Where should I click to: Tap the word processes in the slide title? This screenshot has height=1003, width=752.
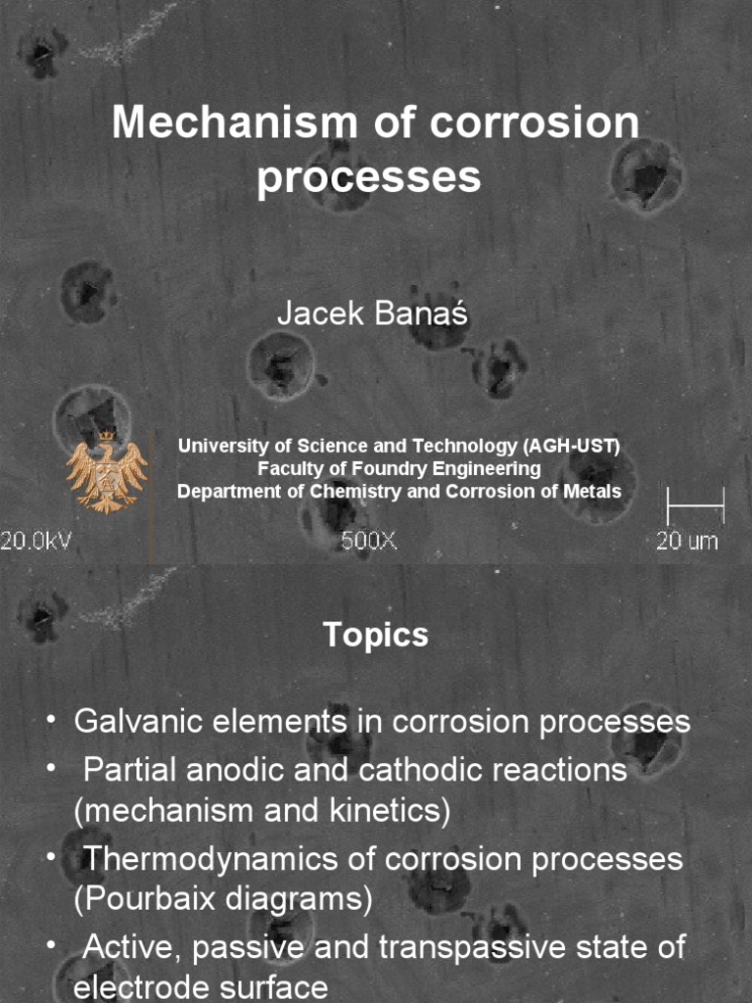click(x=369, y=177)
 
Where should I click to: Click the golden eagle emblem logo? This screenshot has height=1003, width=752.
click(x=106, y=471)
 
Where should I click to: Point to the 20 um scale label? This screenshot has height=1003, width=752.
click(x=686, y=541)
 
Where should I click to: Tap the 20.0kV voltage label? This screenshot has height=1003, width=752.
click(x=36, y=541)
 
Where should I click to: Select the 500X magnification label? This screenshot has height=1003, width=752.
click(x=369, y=541)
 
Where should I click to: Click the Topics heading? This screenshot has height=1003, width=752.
click(x=376, y=636)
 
